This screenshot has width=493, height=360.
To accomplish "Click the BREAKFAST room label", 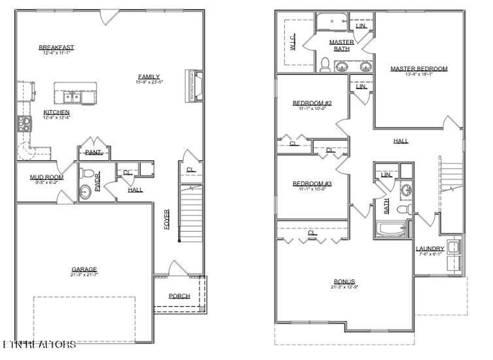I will click(56, 47).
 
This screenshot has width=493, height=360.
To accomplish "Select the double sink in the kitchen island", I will click(74, 98).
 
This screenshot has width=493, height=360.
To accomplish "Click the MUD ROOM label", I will click(47, 177).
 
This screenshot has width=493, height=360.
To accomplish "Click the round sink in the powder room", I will click(85, 192).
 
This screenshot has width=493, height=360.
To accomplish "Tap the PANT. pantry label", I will click(93, 152).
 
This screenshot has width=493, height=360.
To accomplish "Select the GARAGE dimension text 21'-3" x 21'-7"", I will click(84, 275).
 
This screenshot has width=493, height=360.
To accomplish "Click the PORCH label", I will click(179, 296).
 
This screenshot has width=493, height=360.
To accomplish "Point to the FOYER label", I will click(167, 219).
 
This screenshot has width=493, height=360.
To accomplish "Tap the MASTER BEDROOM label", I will click(418, 69).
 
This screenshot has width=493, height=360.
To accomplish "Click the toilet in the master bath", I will click(325, 65).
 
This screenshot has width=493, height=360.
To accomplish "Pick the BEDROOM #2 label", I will click(312, 103).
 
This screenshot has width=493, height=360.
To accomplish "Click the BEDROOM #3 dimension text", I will click(312, 189).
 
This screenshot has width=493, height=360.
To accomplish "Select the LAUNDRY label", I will click(430, 249).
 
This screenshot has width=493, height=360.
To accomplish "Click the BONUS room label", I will click(344, 281).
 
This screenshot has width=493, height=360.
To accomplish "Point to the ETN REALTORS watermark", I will click(39, 345).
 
